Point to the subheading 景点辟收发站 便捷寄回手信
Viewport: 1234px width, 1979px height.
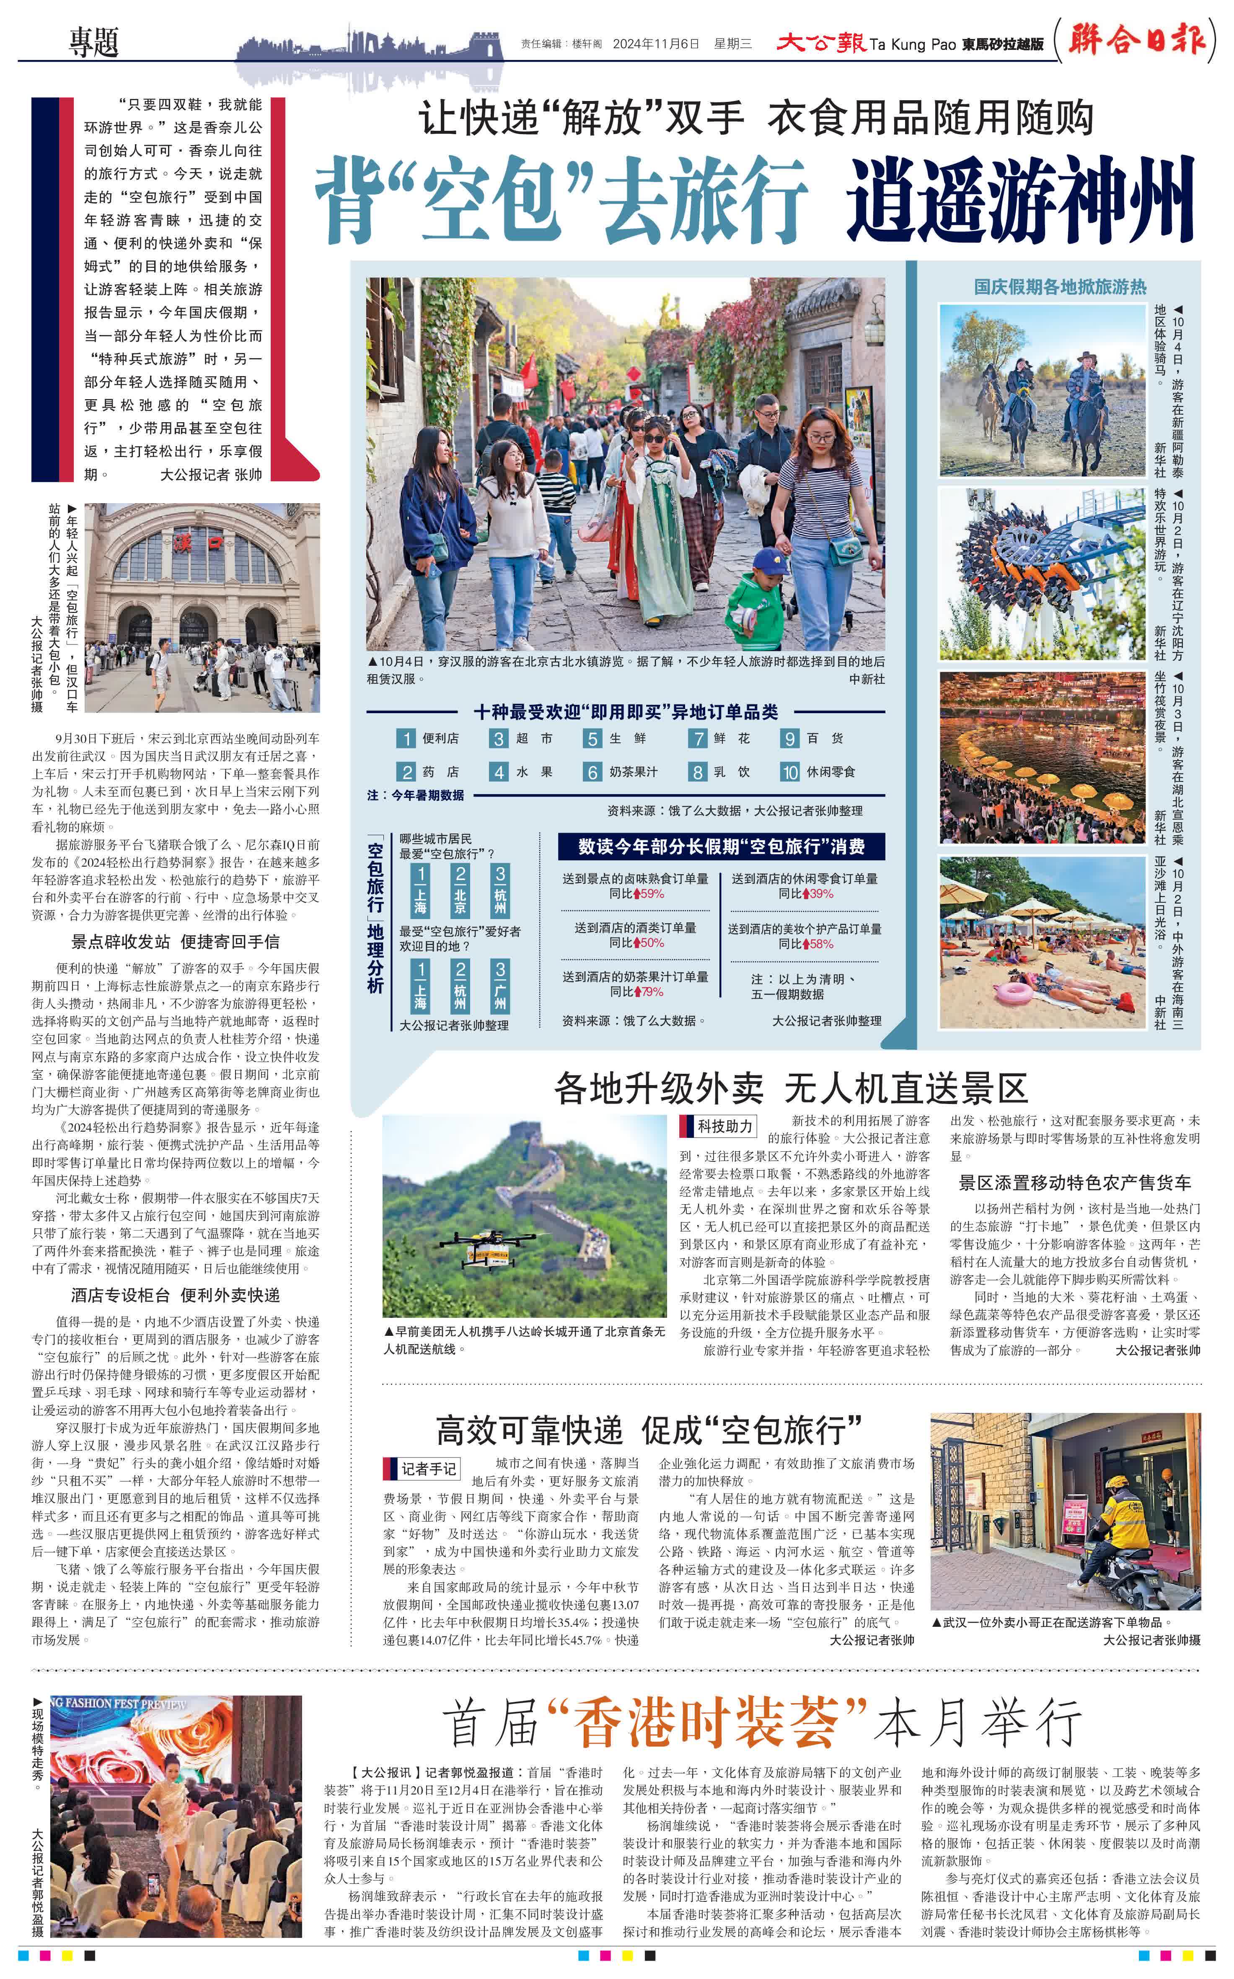[176, 941]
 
